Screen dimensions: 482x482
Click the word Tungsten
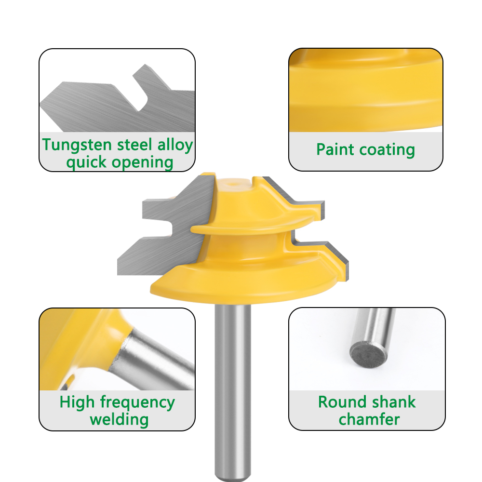(x=77, y=145)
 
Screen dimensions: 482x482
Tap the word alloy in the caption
(x=175, y=145)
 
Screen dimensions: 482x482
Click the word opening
(x=142, y=163)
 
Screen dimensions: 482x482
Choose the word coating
(x=387, y=150)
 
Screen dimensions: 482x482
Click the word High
(x=77, y=402)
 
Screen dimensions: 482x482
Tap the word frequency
(x=137, y=402)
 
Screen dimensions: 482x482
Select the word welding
(x=119, y=420)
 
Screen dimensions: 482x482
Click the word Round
(x=340, y=402)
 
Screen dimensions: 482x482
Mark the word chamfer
(x=369, y=419)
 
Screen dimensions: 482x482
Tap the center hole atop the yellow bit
(x=233, y=185)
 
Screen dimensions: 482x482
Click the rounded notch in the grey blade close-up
(x=141, y=98)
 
